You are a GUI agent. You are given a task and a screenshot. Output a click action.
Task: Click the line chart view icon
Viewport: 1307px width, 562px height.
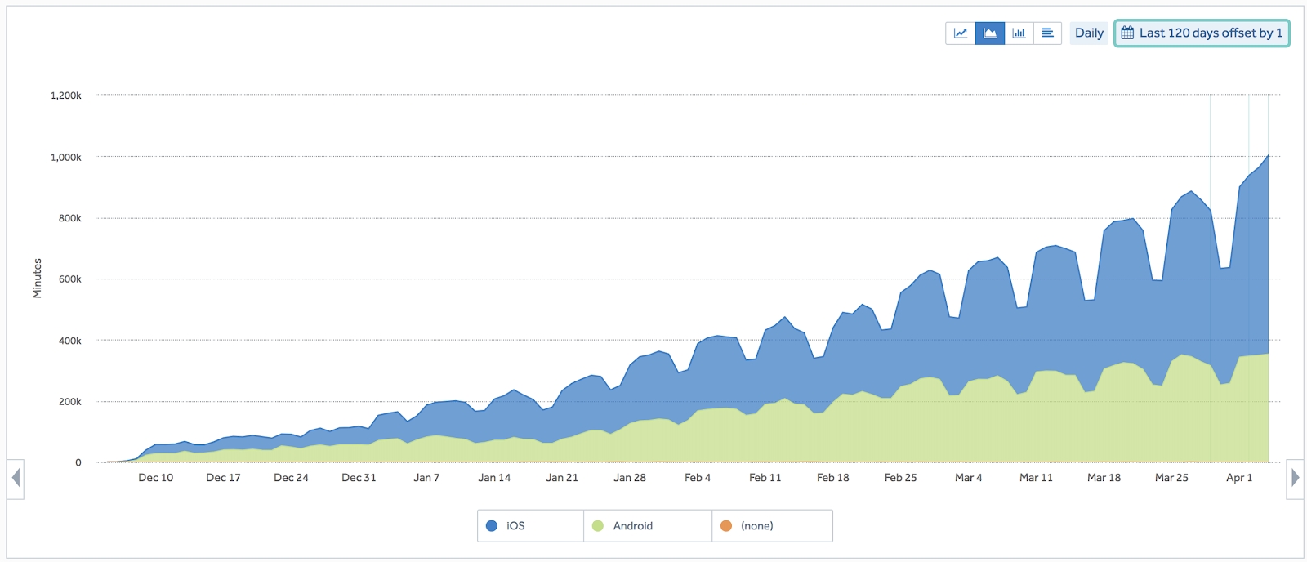(x=961, y=33)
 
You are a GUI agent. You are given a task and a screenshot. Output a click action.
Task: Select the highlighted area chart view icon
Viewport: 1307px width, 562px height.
(x=990, y=33)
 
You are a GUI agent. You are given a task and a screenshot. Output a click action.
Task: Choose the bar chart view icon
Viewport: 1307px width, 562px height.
(x=1019, y=33)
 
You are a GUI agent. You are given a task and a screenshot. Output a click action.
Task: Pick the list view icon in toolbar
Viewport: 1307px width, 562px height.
(x=1047, y=33)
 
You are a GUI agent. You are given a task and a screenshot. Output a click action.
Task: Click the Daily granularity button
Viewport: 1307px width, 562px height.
(x=1089, y=33)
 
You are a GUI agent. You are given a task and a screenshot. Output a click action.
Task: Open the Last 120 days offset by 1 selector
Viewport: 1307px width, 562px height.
(x=1202, y=33)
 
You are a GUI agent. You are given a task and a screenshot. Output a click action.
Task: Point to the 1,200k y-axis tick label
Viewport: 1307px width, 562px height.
(x=66, y=96)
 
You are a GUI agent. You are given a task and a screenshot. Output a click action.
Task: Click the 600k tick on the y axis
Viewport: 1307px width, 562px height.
(x=69, y=279)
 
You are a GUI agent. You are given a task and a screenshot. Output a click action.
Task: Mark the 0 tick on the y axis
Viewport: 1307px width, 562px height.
(x=78, y=462)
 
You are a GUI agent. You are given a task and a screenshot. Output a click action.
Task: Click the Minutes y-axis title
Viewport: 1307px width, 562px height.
(x=37, y=278)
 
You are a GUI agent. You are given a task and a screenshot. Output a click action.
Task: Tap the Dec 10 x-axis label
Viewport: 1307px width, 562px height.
(x=155, y=478)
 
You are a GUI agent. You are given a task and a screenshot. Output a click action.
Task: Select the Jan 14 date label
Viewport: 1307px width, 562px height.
(x=494, y=478)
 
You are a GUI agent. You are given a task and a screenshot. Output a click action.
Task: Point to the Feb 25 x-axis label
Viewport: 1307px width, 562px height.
(x=900, y=478)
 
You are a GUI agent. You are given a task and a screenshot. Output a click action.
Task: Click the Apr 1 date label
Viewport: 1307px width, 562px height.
(x=1239, y=478)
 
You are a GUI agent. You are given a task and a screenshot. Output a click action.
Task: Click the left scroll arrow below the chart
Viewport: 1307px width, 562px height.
(x=16, y=478)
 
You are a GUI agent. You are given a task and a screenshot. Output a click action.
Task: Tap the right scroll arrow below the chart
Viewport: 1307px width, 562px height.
(x=1295, y=478)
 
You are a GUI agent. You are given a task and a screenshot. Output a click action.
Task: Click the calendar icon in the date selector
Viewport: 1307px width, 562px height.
(x=1127, y=33)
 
